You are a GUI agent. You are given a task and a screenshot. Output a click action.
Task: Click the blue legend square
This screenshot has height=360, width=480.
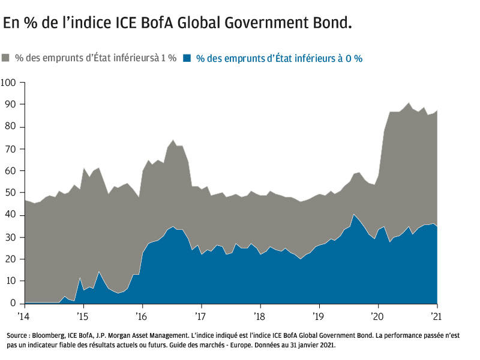point(187,58)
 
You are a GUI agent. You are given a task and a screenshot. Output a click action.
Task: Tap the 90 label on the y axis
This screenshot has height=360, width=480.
point(10,104)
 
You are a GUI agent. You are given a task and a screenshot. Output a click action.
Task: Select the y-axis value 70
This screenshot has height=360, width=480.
point(10,149)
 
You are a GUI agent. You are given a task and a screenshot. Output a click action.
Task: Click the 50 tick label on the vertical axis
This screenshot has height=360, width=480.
point(10,193)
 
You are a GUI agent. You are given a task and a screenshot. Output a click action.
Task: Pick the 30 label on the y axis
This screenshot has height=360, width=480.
point(10,238)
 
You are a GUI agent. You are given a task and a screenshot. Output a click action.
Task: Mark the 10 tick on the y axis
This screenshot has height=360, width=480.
point(10,281)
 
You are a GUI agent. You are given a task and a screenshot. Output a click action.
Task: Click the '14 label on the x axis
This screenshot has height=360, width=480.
point(23,316)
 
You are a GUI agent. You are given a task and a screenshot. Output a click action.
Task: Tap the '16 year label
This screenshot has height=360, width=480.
point(141,316)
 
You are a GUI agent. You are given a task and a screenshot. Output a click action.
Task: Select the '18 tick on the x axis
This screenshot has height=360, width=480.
point(259,316)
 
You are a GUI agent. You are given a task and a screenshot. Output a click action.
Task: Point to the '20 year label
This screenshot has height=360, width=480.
point(377,316)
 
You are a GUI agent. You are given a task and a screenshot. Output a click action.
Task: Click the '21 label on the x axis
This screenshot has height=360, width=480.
point(437,316)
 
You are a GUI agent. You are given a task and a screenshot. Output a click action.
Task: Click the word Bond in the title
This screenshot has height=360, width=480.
point(330,23)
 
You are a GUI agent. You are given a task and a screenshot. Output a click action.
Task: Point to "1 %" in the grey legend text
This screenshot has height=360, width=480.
point(168,58)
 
